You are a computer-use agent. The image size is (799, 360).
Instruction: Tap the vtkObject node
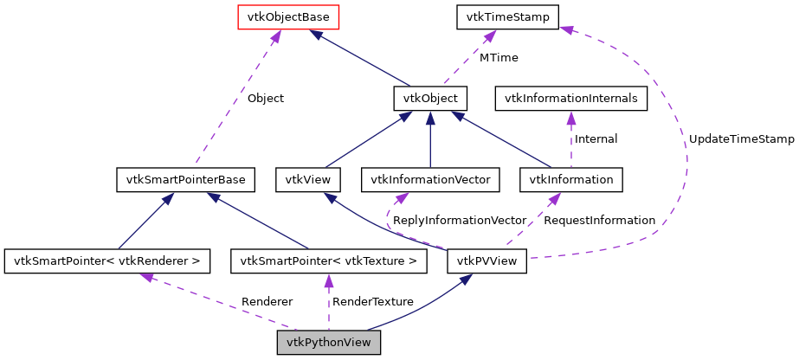click(430, 99)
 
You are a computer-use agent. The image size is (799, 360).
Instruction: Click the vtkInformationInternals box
click(570, 99)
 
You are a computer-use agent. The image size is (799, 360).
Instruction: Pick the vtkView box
click(307, 180)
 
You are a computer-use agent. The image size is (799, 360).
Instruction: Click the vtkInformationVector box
click(430, 180)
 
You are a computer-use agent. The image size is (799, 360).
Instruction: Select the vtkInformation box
click(570, 180)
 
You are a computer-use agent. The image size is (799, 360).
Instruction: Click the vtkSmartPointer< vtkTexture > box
click(329, 260)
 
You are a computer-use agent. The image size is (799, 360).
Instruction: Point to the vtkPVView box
click(486, 260)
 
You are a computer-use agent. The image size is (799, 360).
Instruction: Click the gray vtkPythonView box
click(328, 343)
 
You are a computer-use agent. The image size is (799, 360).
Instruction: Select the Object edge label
click(265, 98)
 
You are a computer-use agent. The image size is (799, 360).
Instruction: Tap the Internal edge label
click(596, 138)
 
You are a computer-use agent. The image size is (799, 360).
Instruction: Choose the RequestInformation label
click(599, 221)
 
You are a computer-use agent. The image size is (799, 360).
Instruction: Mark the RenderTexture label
click(373, 302)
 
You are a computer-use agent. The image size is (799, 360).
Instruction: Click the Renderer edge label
click(267, 302)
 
